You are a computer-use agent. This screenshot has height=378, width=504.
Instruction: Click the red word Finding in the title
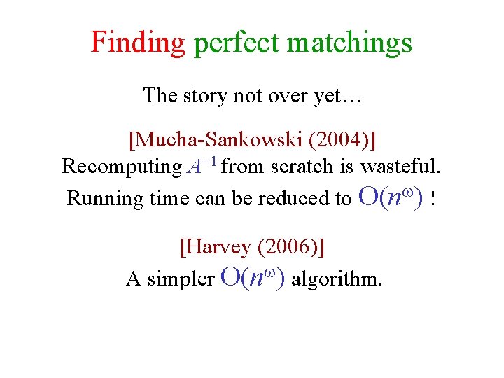(x=137, y=43)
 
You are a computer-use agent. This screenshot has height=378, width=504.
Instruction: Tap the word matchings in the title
(x=349, y=43)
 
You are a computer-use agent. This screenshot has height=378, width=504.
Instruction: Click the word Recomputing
(x=121, y=167)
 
